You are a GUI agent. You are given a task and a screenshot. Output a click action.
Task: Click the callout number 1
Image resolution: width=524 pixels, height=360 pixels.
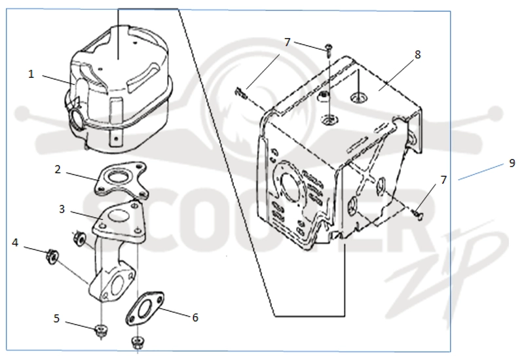[x=31, y=74]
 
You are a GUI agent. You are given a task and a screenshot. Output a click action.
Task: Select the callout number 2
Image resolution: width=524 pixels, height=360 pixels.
[x=58, y=170]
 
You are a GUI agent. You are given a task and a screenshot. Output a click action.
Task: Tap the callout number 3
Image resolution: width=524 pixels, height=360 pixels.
[x=62, y=209]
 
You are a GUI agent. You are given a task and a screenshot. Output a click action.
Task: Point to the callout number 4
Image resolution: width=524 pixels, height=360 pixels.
[x=15, y=243]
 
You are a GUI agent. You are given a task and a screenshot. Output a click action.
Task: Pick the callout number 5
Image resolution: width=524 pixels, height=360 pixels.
[x=56, y=319]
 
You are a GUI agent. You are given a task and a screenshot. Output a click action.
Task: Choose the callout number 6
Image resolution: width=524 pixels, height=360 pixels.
[x=195, y=317]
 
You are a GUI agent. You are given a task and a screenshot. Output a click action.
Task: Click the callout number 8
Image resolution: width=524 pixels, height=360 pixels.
[x=418, y=54]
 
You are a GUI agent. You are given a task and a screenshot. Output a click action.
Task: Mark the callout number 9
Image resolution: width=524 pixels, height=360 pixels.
[x=512, y=163]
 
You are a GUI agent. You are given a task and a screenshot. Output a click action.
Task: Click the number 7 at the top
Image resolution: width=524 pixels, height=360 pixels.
[x=288, y=43]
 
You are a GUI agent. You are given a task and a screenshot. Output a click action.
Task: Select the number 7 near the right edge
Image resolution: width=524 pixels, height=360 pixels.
[x=443, y=180]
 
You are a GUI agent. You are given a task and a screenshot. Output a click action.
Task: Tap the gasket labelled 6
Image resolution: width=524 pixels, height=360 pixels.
[x=145, y=309]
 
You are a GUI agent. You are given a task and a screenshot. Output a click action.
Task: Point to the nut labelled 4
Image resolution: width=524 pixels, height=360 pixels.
[x=52, y=257]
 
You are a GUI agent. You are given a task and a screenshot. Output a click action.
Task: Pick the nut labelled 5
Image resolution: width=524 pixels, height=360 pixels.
[x=100, y=331]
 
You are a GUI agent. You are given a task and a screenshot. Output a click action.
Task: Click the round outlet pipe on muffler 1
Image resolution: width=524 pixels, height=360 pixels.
[x=75, y=118]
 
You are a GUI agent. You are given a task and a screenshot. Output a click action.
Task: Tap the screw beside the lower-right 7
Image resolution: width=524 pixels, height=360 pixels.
[x=419, y=214]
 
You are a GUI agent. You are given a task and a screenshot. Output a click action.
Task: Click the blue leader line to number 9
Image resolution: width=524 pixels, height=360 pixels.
[x=481, y=172]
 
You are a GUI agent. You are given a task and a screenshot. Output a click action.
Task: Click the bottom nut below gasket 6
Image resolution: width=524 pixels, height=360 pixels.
[x=137, y=342]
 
